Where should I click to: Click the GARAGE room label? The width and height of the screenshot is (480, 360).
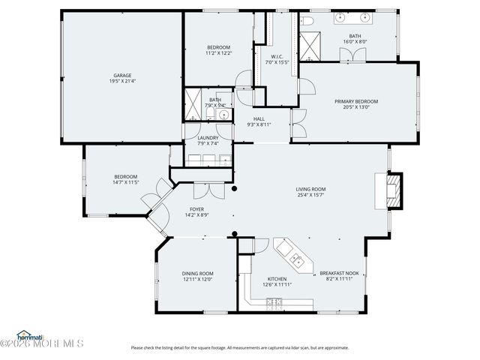(122, 75)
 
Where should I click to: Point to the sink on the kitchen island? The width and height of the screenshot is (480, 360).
(298, 262)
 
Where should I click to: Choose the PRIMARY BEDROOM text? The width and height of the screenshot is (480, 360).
(355, 101)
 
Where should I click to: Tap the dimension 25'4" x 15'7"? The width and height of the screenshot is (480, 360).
(310, 195)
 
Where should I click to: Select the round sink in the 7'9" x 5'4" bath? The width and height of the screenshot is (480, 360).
(224, 114)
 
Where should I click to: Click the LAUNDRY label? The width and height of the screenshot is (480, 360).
(208, 138)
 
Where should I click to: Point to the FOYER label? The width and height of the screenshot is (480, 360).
(196, 209)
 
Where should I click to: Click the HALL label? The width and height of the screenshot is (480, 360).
(258, 118)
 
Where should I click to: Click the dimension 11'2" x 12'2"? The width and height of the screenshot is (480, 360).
(218, 53)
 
